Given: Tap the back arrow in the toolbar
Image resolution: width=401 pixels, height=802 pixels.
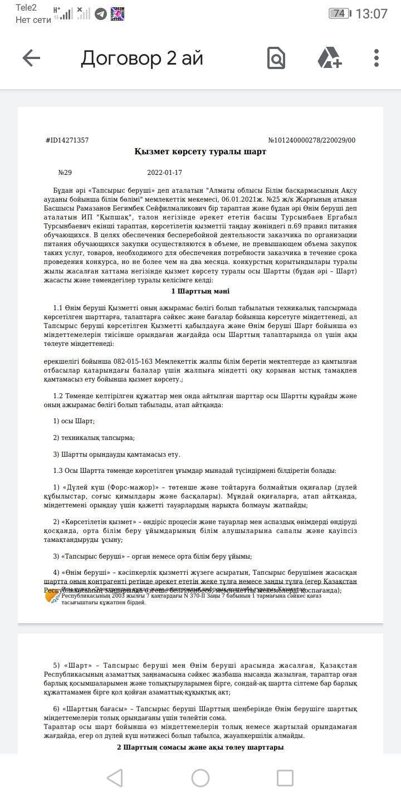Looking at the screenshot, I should coord(31,58).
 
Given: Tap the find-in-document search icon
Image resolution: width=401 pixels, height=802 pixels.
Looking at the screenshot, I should coord(276,58).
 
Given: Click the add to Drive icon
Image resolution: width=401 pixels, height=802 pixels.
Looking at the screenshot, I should coord(329,58).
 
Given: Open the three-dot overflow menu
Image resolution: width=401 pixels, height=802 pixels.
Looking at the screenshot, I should coord(376,58).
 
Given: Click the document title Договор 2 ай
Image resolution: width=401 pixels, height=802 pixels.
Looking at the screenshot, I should coord(142,58).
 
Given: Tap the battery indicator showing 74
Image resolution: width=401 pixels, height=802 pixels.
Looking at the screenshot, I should coord(339,13).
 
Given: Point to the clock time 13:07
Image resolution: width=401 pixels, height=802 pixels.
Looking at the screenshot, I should coord(371,13).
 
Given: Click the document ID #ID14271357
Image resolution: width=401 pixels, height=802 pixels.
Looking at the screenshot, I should coord(67,140).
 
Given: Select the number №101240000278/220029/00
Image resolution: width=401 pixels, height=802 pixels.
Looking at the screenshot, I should coord(311,140).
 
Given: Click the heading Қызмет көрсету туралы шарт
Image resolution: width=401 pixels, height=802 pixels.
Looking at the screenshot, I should coord(200,151).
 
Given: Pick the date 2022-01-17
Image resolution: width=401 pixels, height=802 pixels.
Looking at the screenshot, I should coord(164,173).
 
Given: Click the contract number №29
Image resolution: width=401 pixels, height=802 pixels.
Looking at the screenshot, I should coord(65,173).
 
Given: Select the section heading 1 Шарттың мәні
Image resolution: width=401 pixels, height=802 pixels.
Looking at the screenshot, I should coord(200,291).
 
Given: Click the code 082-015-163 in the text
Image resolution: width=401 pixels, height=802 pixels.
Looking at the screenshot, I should coord(132,361).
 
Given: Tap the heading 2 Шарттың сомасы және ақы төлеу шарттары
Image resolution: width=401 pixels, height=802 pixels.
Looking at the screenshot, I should coord(200,747).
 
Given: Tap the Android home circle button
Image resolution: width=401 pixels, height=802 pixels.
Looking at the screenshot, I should coord(200,778).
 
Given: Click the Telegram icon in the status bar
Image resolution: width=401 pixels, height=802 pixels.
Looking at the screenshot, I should coord(101,13).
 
